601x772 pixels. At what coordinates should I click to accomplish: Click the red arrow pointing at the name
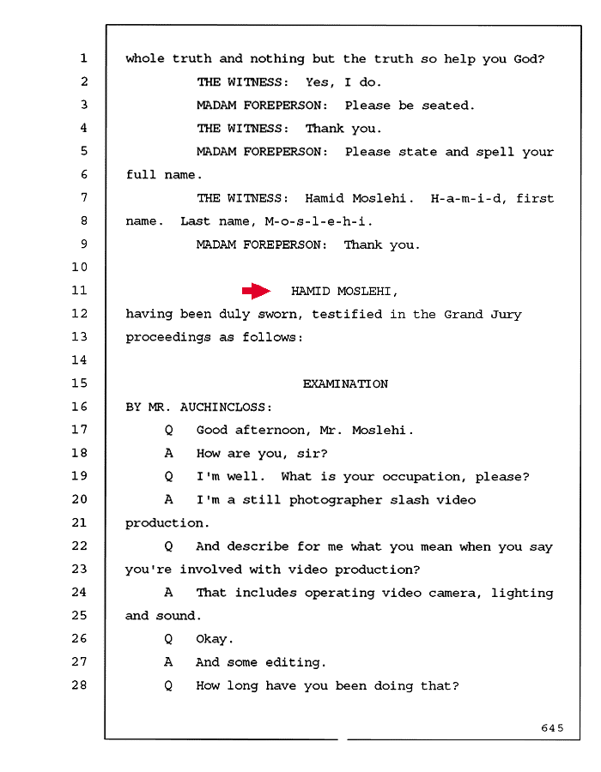[256, 291]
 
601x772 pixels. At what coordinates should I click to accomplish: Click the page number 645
[552, 727]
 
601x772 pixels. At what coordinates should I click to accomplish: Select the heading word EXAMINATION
[345, 384]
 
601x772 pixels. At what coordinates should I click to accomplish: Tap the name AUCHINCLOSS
[226, 407]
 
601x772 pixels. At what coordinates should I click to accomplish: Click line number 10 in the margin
[79, 268]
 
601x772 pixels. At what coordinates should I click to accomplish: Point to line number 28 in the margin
[79, 685]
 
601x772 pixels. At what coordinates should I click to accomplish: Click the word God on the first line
[529, 59]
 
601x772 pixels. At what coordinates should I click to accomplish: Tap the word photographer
[336, 501]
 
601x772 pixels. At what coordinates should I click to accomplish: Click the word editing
[295, 663]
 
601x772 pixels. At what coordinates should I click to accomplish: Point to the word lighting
[522, 594]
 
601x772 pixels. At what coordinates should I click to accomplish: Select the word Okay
[215, 639]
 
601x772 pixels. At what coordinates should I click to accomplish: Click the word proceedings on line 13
[168, 338]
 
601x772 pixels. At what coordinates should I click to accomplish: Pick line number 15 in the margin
[79, 383]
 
